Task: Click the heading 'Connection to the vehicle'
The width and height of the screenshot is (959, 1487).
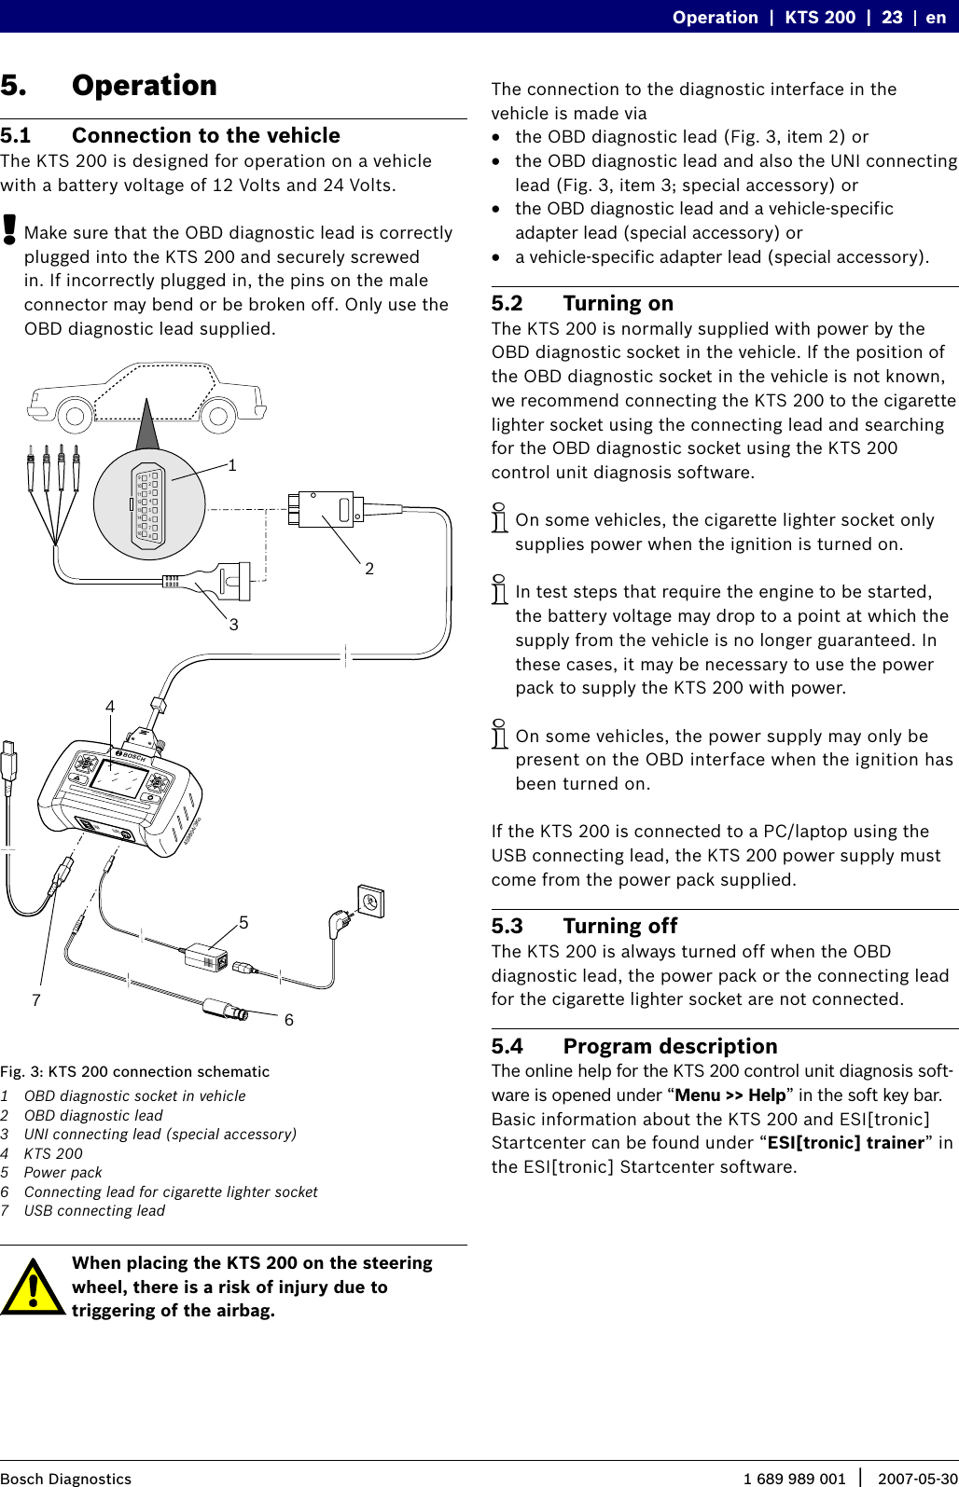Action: click(x=205, y=136)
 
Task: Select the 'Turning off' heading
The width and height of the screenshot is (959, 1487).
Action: click(x=619, y=927)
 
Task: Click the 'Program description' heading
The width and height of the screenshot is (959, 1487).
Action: click(x=670, y=1047)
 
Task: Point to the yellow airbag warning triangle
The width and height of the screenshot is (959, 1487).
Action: click(x=33, y=1287)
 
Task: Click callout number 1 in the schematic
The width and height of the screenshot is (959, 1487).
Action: click(x=232, y=465)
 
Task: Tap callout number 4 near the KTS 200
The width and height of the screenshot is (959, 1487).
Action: click(x=110, y=707)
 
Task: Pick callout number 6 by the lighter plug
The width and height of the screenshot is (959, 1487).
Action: click(x=289, y=1020)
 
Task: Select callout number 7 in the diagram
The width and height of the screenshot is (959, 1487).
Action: click(x=36, y=1000)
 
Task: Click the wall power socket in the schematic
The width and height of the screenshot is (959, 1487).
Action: click(x=370, y=902)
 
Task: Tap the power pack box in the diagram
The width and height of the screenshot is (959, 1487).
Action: click(x=206, y=957)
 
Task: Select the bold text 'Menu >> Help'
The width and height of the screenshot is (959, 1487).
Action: click(x=730, y=1095)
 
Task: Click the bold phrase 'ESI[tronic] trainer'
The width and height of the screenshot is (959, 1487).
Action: click(x=845, y=1143)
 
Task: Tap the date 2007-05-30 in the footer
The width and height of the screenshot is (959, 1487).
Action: click(x=917, y=1479)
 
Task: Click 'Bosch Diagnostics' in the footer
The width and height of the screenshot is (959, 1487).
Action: click(x=65, y=1479)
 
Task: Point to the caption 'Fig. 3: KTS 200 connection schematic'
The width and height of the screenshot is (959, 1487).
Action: click(x=134, y=1072)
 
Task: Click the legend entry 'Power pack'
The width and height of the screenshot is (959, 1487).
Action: click(x=63, y=1173)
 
